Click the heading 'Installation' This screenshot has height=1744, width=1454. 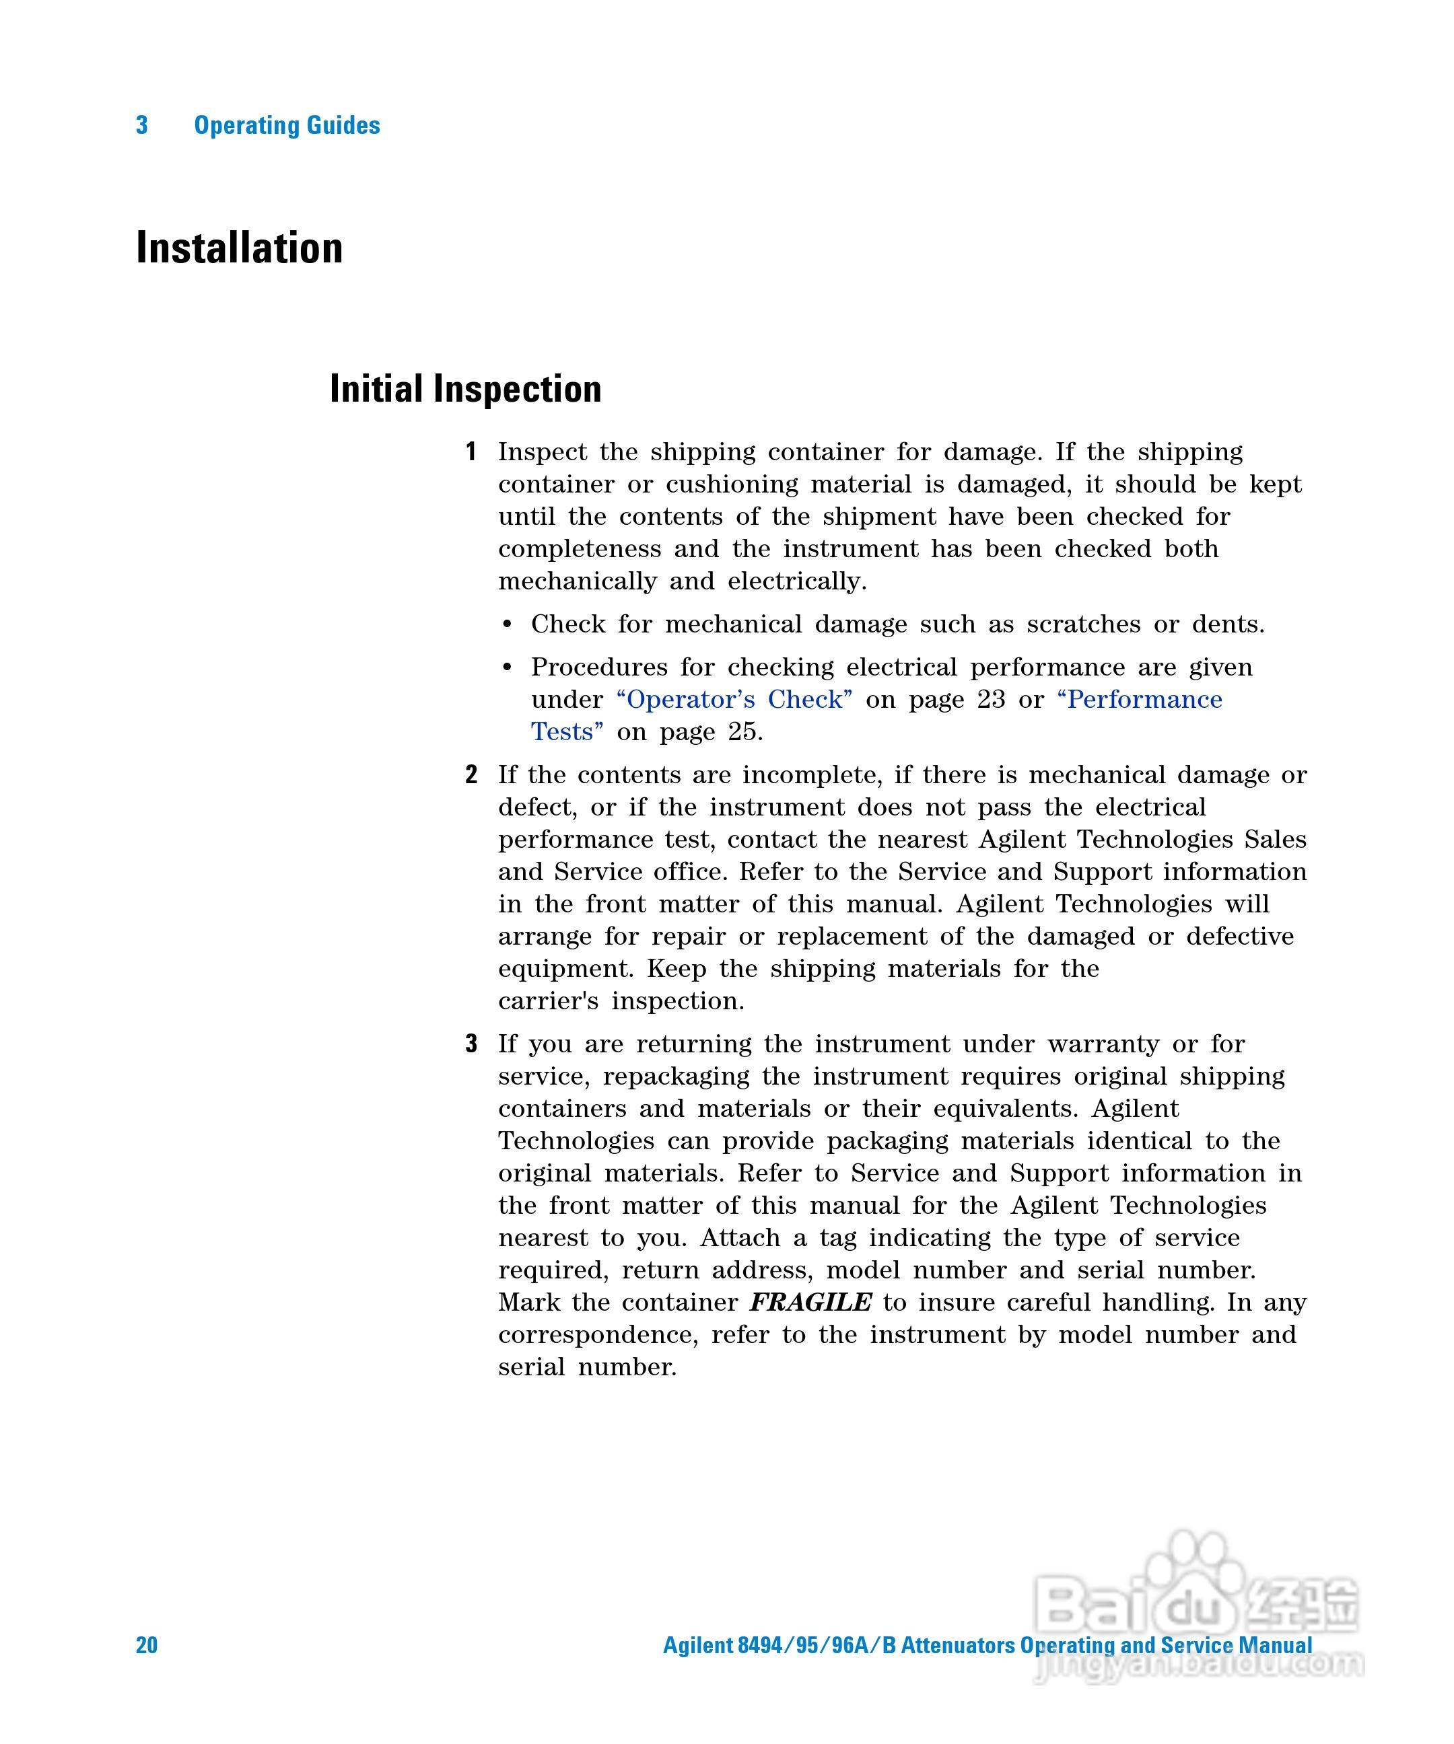pyautogui.click(x=239, y=248)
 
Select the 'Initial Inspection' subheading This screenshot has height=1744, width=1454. pyautogui.click(x=465, y=390)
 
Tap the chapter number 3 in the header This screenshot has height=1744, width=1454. pyautogui.click(x=142, y=125)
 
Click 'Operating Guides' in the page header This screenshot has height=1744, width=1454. pyautogui.click(x=287, y=125)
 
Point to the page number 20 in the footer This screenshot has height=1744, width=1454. pyautogui.click(x=146, y=1644)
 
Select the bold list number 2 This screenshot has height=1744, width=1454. pyautogui.click(x=471, y=776)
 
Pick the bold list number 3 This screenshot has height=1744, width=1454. pyautogui.click(x=471, y=1044)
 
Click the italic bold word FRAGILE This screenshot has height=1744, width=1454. pyautogui.click(x=811, y=1302)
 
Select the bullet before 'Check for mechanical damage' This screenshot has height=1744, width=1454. pyautogui.click(x=508, y=624)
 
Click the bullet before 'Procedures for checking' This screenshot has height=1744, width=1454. pyautogui.click(x=508, y=667)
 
